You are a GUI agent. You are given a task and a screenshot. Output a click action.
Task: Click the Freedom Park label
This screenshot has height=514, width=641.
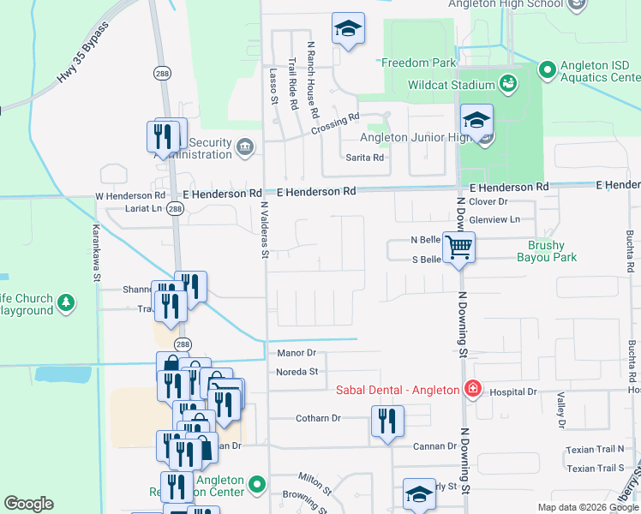tap(418, 63)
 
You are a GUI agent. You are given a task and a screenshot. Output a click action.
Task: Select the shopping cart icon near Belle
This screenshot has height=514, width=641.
tap(460, 247)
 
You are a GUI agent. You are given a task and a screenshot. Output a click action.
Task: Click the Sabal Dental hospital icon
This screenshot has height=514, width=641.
tap(470, 390)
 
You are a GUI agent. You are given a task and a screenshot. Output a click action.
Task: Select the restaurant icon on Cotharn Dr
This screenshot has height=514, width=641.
tap(387, 421)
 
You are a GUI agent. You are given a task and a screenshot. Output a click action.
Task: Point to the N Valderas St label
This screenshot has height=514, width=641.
tap(264, 229)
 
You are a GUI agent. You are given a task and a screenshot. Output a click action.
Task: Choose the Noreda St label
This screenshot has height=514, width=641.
tap(297, 372)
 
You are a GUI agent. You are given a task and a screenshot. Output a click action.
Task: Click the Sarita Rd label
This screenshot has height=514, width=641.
tap(364, 158)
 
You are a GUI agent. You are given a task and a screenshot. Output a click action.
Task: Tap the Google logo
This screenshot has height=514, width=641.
tap(29, 504)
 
